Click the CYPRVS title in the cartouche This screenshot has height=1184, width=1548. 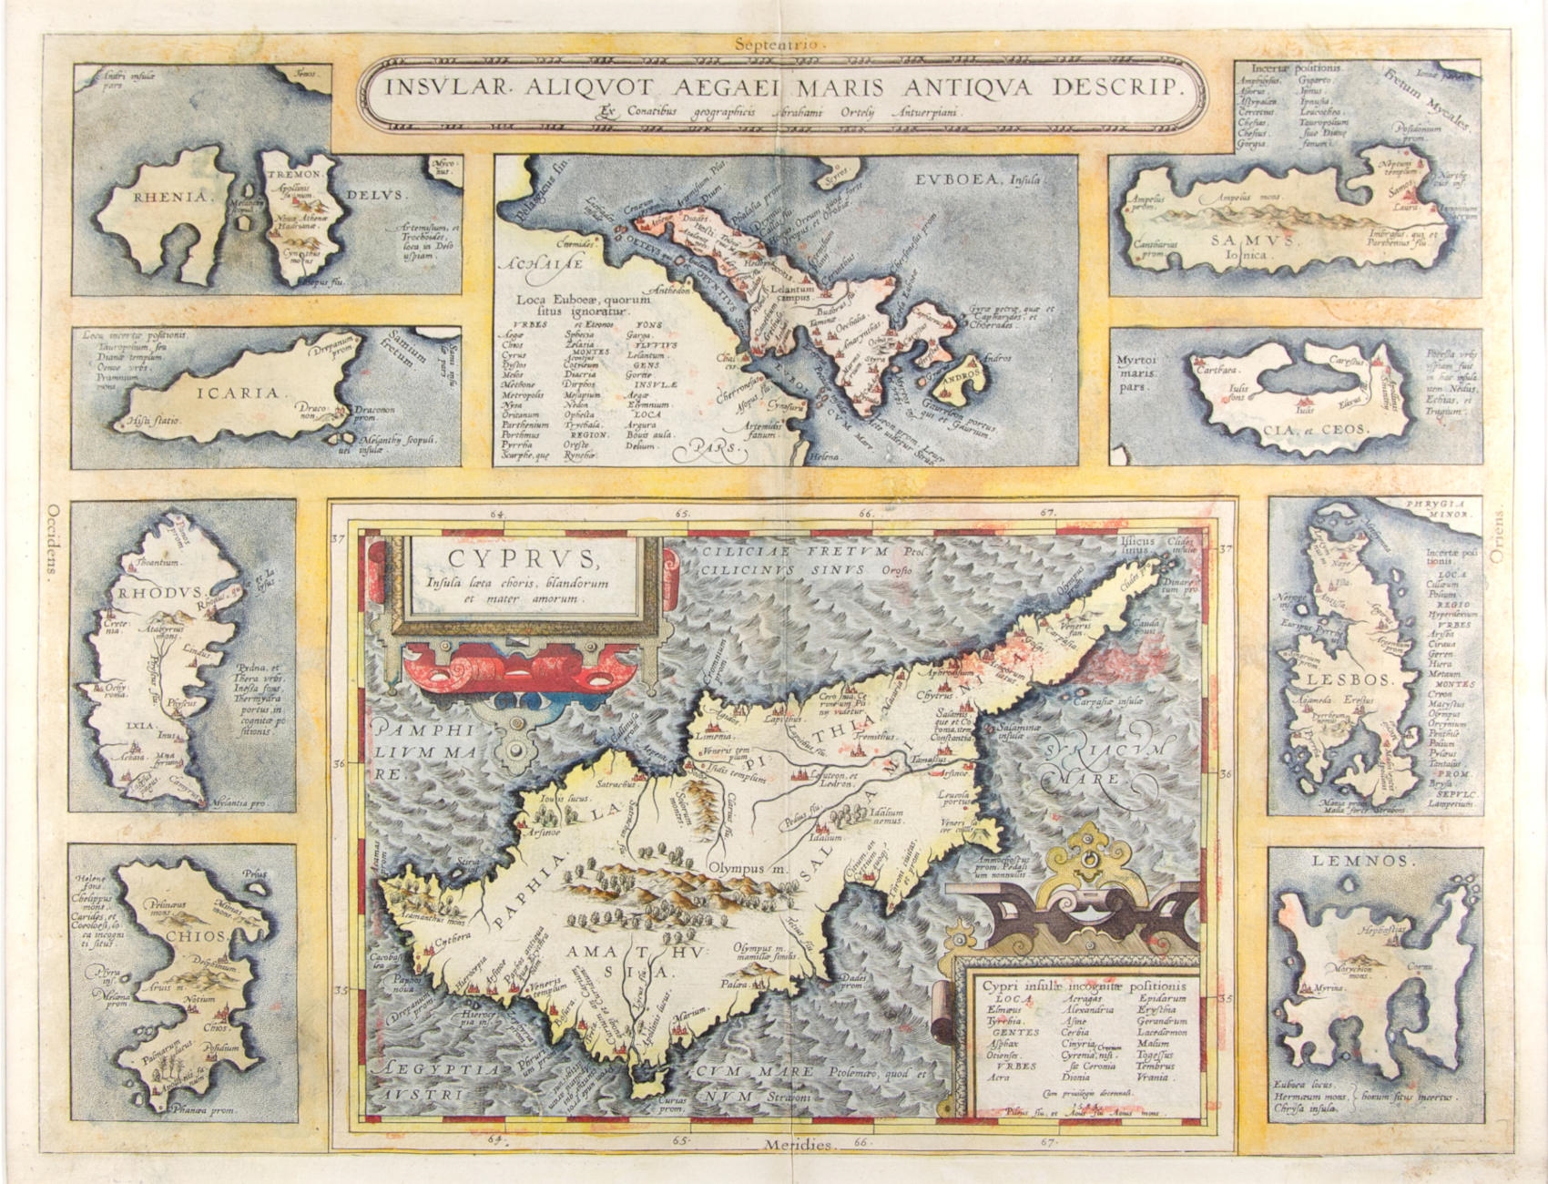[x=524, y=557]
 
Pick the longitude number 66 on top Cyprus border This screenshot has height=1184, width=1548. [x=864, y=514]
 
